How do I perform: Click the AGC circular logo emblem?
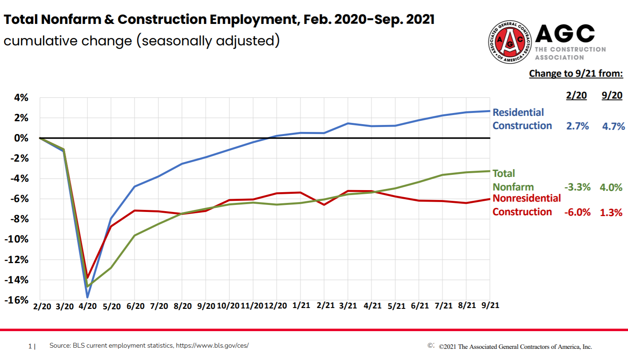[510, 42]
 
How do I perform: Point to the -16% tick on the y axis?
[17, 300]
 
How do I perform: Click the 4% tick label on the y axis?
[21, 98]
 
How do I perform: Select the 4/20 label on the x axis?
[87, 306]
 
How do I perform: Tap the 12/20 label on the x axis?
[276, 306]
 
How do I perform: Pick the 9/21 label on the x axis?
[490, 306]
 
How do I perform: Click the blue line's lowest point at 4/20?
[87, 297]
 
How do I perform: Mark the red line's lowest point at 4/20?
[87, 277]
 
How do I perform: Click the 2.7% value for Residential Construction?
[577, 126]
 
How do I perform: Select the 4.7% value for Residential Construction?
[614, 127]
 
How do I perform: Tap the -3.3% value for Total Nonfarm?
[577, 187]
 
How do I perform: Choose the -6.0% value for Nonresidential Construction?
[577, 212]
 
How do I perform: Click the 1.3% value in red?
[611, 213]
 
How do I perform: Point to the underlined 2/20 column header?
[576, 96]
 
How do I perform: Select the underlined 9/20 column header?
[612, 96]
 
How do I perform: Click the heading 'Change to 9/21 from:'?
[576, 74]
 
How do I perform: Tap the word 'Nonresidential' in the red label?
[526, 198]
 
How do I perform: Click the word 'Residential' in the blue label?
[518, 113]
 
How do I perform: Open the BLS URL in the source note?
[212, 346]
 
